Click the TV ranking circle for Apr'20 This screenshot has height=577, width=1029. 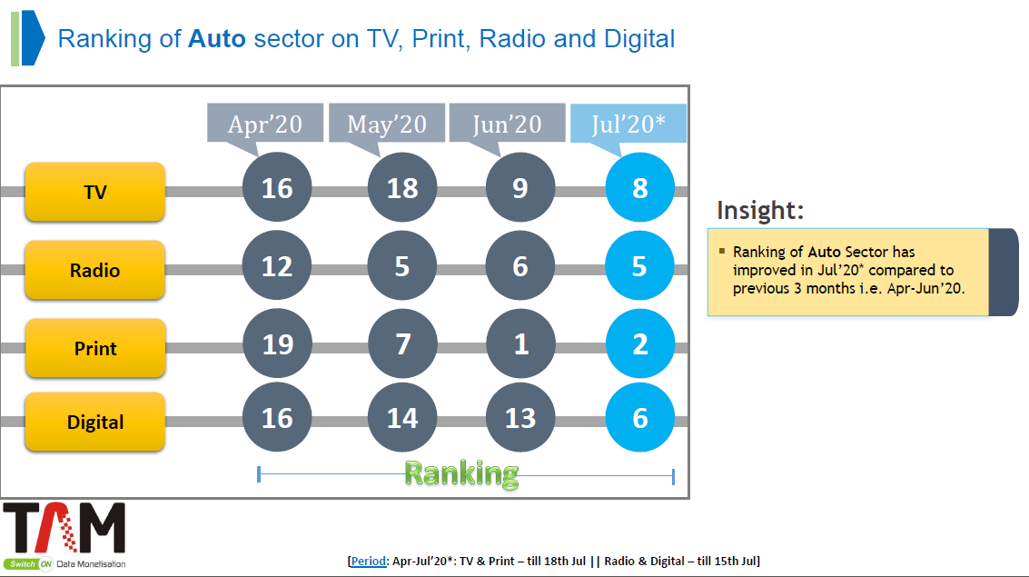coord(277,188)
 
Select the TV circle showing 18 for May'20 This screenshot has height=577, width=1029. coord(402,188)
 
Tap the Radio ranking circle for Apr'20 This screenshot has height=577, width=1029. coord(277,266)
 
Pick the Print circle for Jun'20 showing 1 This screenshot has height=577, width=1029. coord(520,344)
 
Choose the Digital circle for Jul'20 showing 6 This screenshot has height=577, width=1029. coord(640,417)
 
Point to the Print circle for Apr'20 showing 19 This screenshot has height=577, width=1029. coord(277,344)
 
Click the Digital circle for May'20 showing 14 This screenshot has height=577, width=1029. coord(402,417)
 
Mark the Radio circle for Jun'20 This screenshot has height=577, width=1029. coord(520,266)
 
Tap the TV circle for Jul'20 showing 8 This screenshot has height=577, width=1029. coord(640,188)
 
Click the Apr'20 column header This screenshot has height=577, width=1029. coord(265,124)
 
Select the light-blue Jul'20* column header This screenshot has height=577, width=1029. coord(628,124)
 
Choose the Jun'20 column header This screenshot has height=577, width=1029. coord(508,124)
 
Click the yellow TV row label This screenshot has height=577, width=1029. coord(95,192)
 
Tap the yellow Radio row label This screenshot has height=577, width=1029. coord(95,270)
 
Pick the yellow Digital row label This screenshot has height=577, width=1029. coord(95,422)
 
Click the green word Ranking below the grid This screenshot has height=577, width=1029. coord(461,474)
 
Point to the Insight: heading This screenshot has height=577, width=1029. coord(760,211)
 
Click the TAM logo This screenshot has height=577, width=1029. coord(64,535)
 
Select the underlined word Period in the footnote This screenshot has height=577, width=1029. coord(368,562)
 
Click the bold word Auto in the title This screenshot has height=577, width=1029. coord(216,39)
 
